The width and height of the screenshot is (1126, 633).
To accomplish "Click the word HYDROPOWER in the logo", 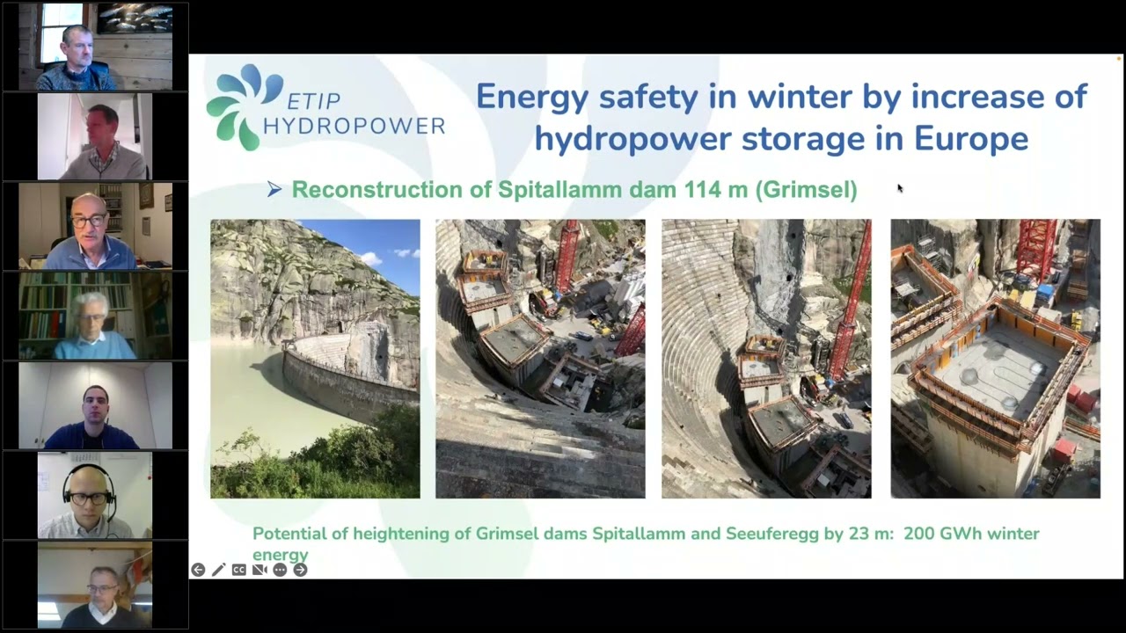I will (354, 127).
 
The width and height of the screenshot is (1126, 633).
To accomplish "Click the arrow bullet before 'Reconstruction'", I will (274, 189).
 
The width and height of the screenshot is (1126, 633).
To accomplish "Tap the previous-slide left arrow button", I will (198, 570).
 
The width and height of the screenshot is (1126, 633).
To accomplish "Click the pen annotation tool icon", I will (218, 570).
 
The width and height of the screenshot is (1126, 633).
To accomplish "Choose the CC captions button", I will (238, 570).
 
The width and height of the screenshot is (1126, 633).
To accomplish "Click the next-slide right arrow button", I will (300, 570).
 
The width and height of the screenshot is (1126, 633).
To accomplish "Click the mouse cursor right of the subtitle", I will (899, 187).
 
